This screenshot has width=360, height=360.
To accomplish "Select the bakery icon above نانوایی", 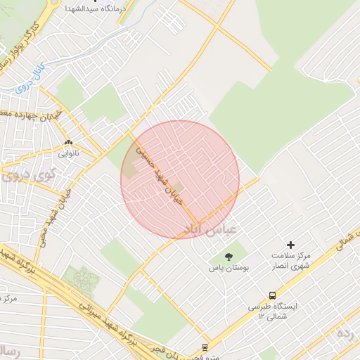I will click(68, 141).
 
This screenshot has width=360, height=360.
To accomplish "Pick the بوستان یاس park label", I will click(226, 268).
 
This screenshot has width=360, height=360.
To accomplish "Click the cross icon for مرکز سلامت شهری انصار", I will click(290, 245).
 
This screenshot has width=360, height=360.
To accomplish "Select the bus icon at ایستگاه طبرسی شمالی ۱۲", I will click(272, 296).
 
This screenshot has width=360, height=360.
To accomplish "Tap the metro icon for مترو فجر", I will click(205, 347).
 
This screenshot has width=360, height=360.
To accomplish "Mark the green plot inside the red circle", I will click(178, 186).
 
